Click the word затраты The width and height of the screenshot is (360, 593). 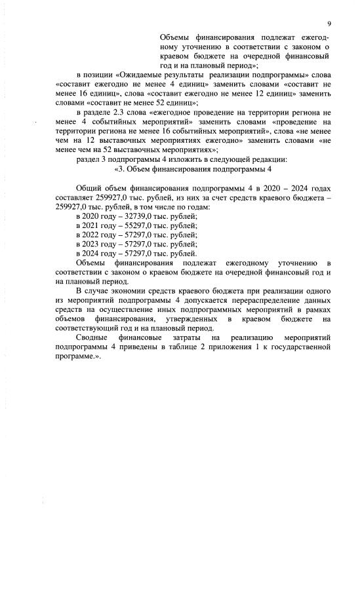[184, 335]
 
